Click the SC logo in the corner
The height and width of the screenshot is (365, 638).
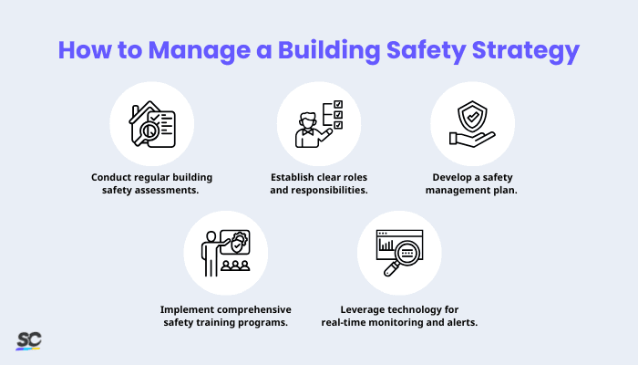[28, 340]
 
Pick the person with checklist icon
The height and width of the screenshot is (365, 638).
[318, 122]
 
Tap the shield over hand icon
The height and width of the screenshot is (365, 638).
[472, 122]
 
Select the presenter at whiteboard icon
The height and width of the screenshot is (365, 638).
[225, 250]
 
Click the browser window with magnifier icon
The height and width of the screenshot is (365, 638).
[397, 252]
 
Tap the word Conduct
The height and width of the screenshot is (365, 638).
[114, 177]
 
